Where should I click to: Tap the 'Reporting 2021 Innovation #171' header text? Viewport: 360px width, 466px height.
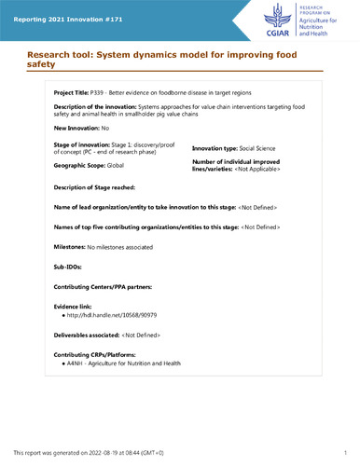64,9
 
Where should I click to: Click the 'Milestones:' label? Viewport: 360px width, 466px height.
71,246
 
